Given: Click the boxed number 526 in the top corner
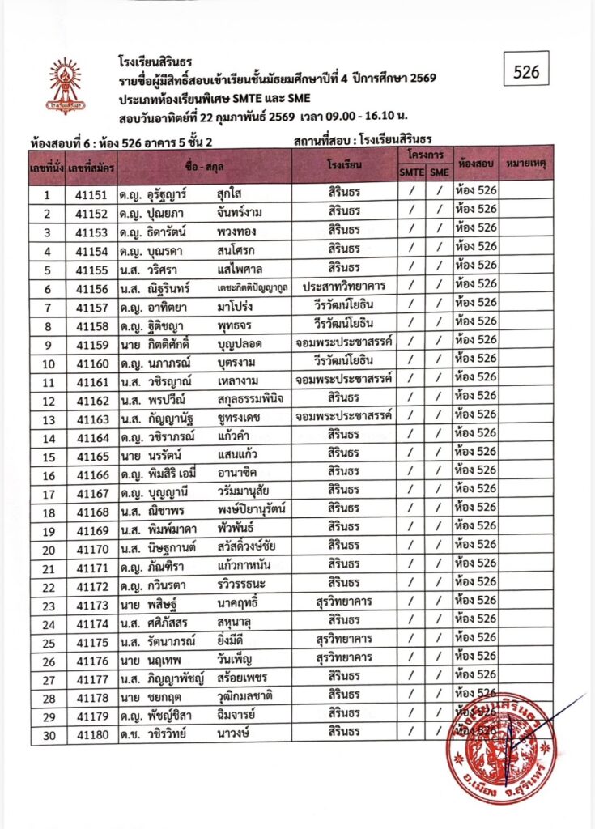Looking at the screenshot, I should pyautogui.click(x=526, y=71).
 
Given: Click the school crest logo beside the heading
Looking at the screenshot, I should pyautogui.click(x=64, y=84).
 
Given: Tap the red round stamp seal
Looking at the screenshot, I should pyautogui.click(x=500, y=747).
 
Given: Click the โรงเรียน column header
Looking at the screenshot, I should pyautogui.click(x=344, y=164).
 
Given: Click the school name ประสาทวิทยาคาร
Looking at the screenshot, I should pyautogui.click(x=344, y=288).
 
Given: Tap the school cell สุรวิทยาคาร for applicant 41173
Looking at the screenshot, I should pyautogui.click(x=344, y=605).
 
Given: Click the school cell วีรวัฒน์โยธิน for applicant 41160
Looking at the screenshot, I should pyautogui.click(x=344, y=363).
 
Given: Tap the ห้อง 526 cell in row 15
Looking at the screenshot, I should pyautogui.click(x=475, y=456).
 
